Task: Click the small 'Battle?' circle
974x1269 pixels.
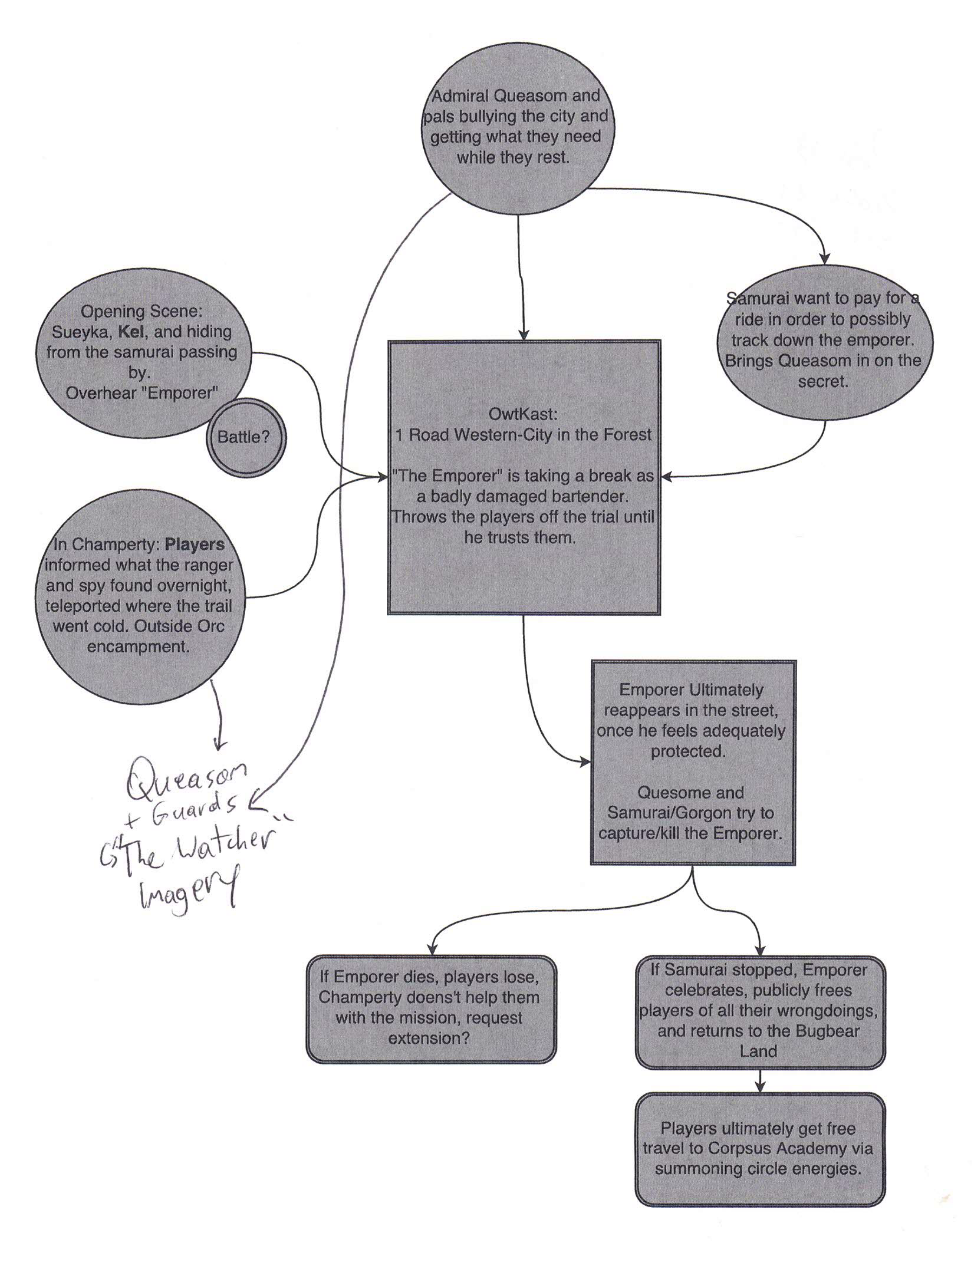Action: tap(245, 438)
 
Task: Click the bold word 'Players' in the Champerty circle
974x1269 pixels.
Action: tap(195, 544)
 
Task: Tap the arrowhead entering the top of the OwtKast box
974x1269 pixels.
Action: tap(524, 335)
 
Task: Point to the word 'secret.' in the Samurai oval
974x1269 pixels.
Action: tap(823, 381)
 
